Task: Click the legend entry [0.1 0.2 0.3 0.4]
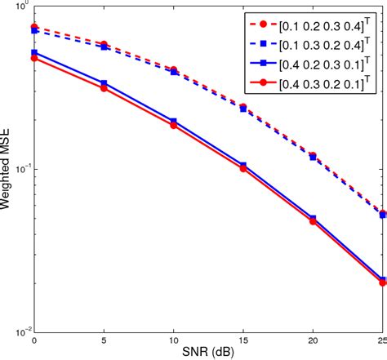[x=328, y=24]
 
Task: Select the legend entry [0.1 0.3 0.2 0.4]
[x=328, y=43]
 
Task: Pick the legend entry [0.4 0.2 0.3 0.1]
[x=328, y=63]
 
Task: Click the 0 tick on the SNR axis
[x=33, y=340]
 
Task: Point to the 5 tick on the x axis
[x=103, y=340]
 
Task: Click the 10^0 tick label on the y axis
[x=20, y=8]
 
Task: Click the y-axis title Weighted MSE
[x=7, y=169]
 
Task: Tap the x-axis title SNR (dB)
[x=207, y=353]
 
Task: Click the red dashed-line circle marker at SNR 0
[x=33, y=27]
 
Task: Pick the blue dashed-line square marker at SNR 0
[x=33, y=31]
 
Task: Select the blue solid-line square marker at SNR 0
[x=33, y=52]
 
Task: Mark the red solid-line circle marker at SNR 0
[x=33, y=58]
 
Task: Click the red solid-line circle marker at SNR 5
[x=103, y=87]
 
